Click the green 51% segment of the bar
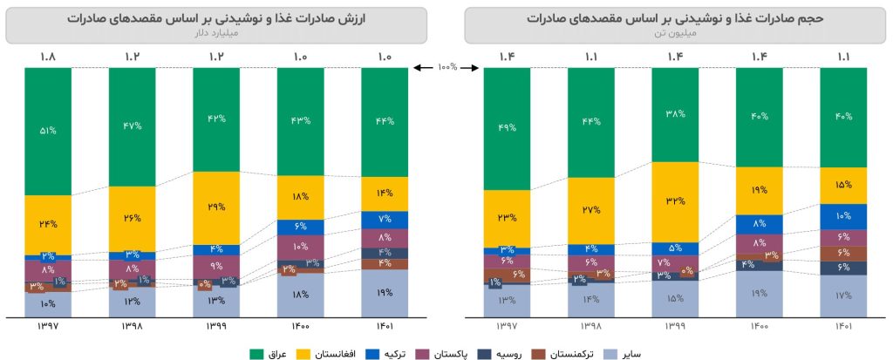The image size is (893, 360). point(48,131)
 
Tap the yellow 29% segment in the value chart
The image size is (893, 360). point(216,207)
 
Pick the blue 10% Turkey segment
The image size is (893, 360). point(843,216)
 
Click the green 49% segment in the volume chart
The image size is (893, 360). point(507,128)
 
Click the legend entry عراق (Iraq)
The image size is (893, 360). point(270,353)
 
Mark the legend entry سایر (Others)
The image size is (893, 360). point(642,353)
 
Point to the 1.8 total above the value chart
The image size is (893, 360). point(48,58)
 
